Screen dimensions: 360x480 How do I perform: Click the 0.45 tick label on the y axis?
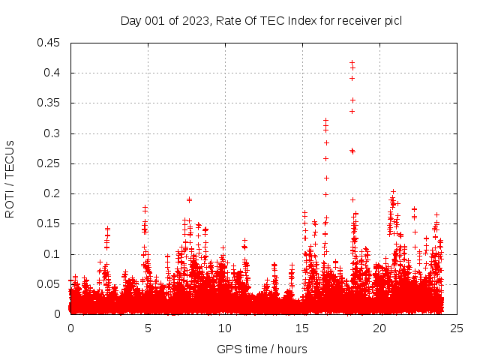(50, 43)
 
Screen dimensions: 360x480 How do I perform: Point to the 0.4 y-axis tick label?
(53, 73)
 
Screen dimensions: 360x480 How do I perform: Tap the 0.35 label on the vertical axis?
(50, 103)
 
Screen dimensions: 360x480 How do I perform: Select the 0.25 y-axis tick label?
(50, 163)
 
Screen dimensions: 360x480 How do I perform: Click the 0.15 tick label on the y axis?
(50, 223)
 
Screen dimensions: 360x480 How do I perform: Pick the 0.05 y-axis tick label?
(50, 284)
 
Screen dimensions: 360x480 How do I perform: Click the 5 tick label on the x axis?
(148, 328)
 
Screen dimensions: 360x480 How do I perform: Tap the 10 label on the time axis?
(225, 328)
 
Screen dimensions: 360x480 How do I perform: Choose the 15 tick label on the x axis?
(302, 328)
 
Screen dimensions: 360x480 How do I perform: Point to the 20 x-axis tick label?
(379, 328)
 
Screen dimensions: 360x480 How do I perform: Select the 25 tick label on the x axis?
(457, 328)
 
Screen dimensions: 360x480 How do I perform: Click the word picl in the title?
(392, 20)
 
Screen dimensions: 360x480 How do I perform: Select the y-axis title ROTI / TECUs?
(10, 178)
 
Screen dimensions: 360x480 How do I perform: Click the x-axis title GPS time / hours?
(262, 349)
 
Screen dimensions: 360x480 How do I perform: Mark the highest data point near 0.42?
(352, 62)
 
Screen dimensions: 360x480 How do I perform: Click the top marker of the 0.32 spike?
(325, 120)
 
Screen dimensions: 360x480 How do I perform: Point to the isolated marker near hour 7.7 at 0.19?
(190, 199)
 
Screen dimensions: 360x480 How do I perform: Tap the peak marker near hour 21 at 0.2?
(393, 192)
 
